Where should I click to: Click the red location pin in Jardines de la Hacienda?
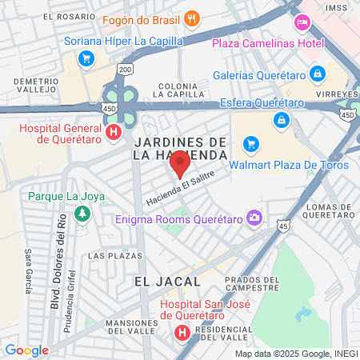[x=180, y=164]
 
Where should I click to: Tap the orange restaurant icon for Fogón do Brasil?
[x=191, y=18]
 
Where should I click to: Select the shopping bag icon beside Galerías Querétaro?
[x=318, y=74]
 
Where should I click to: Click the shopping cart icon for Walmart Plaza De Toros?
[x=252, y=144]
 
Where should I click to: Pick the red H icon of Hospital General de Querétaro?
[x=114, y=132]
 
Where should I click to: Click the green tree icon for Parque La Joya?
[x=81, y=214]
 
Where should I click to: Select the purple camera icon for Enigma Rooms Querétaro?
[x=254, y=218]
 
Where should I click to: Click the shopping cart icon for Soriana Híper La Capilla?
[x=86, y=58]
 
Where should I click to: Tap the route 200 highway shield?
[x=126, y=70]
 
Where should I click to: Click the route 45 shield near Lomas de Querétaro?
[x=284, y=227]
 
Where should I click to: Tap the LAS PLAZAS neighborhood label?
[x=107, y=256]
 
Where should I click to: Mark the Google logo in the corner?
[x=26, y=350]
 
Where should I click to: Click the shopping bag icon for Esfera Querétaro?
[x=281, y=120]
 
